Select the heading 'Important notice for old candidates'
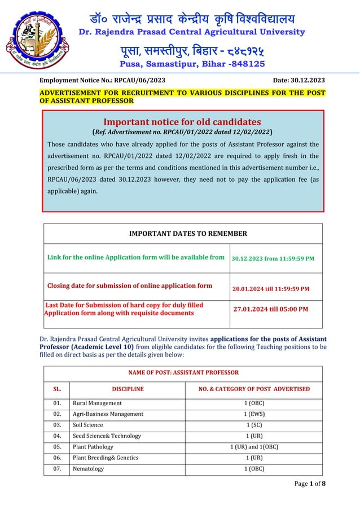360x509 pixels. click(182, 122)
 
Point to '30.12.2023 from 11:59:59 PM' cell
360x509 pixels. click(273, 258)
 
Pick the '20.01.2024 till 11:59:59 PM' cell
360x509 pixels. click(271, 289)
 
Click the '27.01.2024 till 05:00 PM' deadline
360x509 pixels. click(271, 309)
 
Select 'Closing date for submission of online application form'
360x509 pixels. click(129, 286)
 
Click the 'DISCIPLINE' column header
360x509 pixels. click(128, 389)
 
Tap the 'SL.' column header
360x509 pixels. click(56, 389)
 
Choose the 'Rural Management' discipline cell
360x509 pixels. click(97, 403)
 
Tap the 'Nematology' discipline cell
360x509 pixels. click(88, 469)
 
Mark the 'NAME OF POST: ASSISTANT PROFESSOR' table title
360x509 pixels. click(182, 372)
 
